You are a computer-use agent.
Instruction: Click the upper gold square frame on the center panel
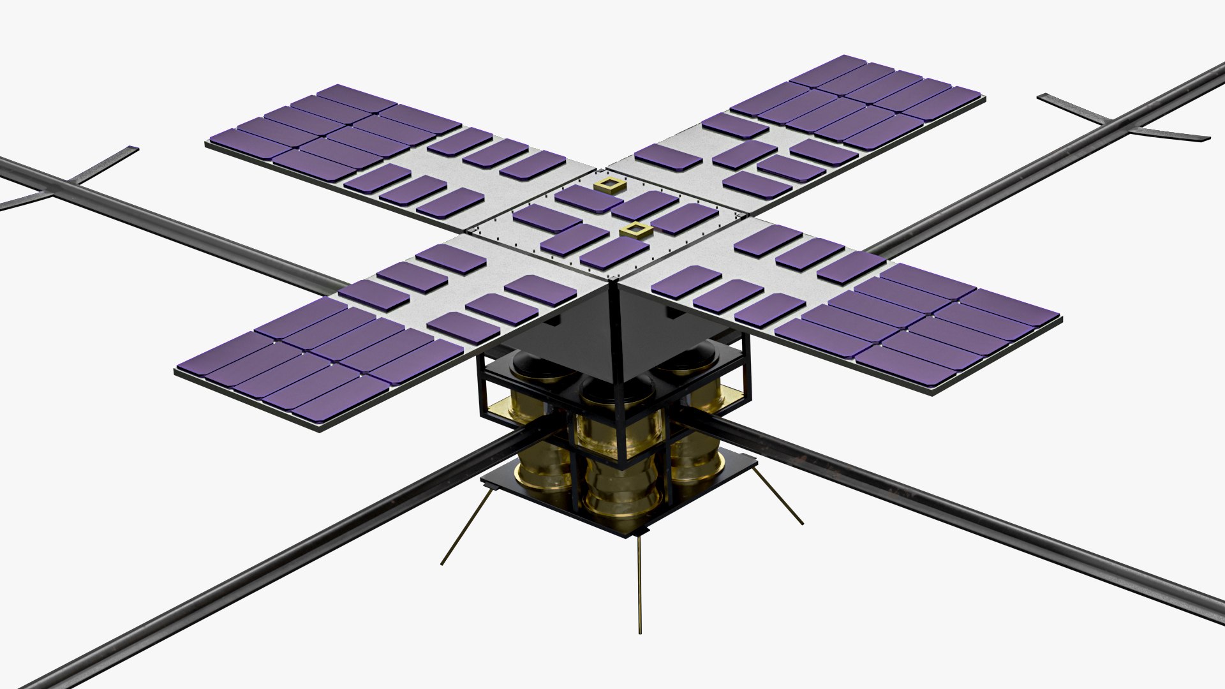coord(609,186)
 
